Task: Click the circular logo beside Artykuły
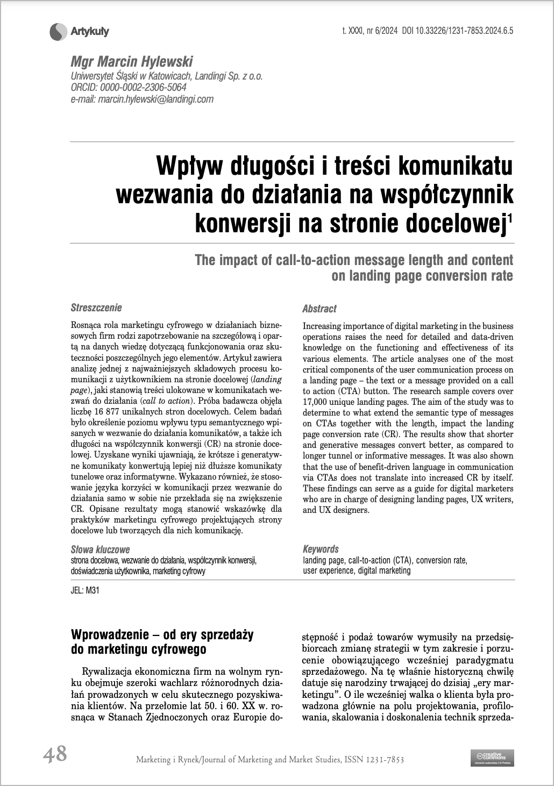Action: tap(58, 33)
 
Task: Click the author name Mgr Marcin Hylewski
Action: tap(132, 62)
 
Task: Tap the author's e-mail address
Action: tap(142, 99)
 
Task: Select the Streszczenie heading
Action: tap(96, 308)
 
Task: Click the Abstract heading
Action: tap(319, 309)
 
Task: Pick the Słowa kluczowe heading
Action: tap(100, 549)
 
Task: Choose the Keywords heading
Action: tap(321, 549)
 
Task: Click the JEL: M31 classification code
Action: tap(85, 590)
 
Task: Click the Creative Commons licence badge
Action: tap(492, 757)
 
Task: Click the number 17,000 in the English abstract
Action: tap(317, 402)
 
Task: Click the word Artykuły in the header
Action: tap(90, 32)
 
